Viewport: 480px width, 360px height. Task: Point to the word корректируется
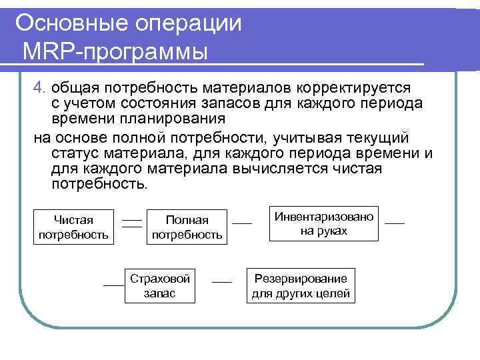click(353, 88)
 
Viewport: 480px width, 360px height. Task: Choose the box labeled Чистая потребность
click(74, 227)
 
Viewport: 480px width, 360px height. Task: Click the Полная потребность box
click(187, 227)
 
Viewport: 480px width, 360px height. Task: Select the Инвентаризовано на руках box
click(324, 223)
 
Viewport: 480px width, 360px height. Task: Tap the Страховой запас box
click(160, 285)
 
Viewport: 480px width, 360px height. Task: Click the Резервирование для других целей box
click(300, 286)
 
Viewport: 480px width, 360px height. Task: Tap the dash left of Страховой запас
click(113, 285)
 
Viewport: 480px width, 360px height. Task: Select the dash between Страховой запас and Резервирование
click(221, 283)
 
